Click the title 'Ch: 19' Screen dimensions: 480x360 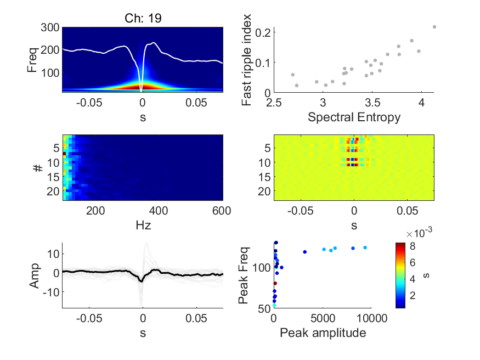pyautogui.click(x=143, y=18)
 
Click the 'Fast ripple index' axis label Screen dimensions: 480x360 pyautogui.click(x=246, y=60)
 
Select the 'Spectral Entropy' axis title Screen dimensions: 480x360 pyautogui.click(x=354, y=117)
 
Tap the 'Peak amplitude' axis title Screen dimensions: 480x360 pyautogui.click(x=323, y=333)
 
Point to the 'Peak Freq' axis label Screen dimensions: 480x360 pyautogui.click(x=244, y=275)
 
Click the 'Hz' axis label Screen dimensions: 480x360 pyautogui.click(x=143, y=226)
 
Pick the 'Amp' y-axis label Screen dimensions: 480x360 pyautogui.click(x=35, y=275)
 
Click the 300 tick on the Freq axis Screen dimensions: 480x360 pyautogui.click(x=50, y=27)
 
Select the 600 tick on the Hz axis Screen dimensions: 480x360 pyautogui.click(x=221, y=211)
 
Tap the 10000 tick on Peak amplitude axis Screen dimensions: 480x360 pyautogui.click(x=372, y=318)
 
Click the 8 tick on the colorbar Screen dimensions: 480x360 pyautogui.click(x=413, y=246)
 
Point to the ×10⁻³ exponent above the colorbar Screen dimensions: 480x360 pyautogui.click(x=419, y=233)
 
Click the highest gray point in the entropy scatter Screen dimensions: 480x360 pyautogui.click(x=434, y=27)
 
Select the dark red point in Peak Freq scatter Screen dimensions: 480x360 pyautogui.click(x=275, y=284)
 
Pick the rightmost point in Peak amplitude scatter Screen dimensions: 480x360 pyautogui.click(x=365, y=248)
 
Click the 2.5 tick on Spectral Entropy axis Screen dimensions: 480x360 pyautogui.click(x=274, y=103)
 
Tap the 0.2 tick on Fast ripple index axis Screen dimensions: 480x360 pyautogui.click(x=263, y=32)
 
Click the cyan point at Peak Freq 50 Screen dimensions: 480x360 pyautogui.click(x=274, y=306)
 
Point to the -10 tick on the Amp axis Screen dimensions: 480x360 pyautogui.click(x=51, y=292)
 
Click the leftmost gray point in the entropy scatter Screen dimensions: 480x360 pyautogui.click(x=292, y=75)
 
